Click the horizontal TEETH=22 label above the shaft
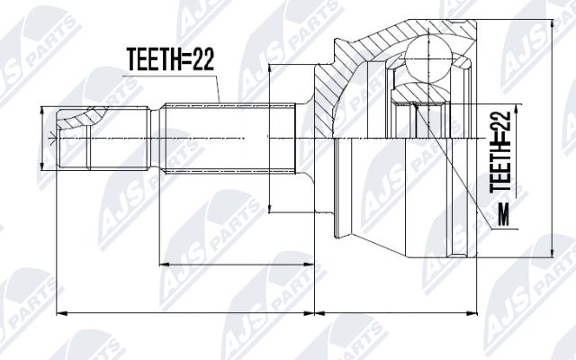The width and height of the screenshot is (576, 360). coord(170,59)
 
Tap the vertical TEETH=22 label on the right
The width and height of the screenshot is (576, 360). coord(500,152)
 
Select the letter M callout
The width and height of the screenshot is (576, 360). coord(503,215)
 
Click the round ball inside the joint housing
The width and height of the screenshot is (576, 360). coord(428,58)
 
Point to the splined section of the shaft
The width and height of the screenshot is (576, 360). coord(229,138)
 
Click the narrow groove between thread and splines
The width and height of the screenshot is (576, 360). coord(156,138)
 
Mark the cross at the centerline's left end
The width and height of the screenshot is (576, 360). coord(53,139)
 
